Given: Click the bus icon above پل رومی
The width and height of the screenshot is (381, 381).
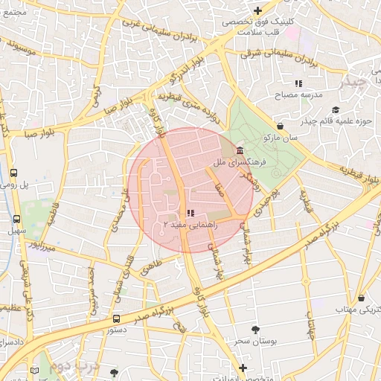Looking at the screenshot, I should click(14, 173).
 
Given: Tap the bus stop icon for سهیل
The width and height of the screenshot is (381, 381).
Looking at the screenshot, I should click(17, 220).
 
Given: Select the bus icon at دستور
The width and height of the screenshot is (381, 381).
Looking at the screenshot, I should click(115, 318).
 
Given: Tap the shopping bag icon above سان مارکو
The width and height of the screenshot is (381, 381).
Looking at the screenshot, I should click(280, 127).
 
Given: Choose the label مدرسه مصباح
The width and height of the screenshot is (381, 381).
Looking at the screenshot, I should click(299, 95).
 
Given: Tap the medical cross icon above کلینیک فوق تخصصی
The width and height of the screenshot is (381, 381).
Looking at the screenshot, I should click(257, 10).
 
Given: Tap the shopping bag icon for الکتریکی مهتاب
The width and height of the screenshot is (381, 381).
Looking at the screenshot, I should click(361, 298).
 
